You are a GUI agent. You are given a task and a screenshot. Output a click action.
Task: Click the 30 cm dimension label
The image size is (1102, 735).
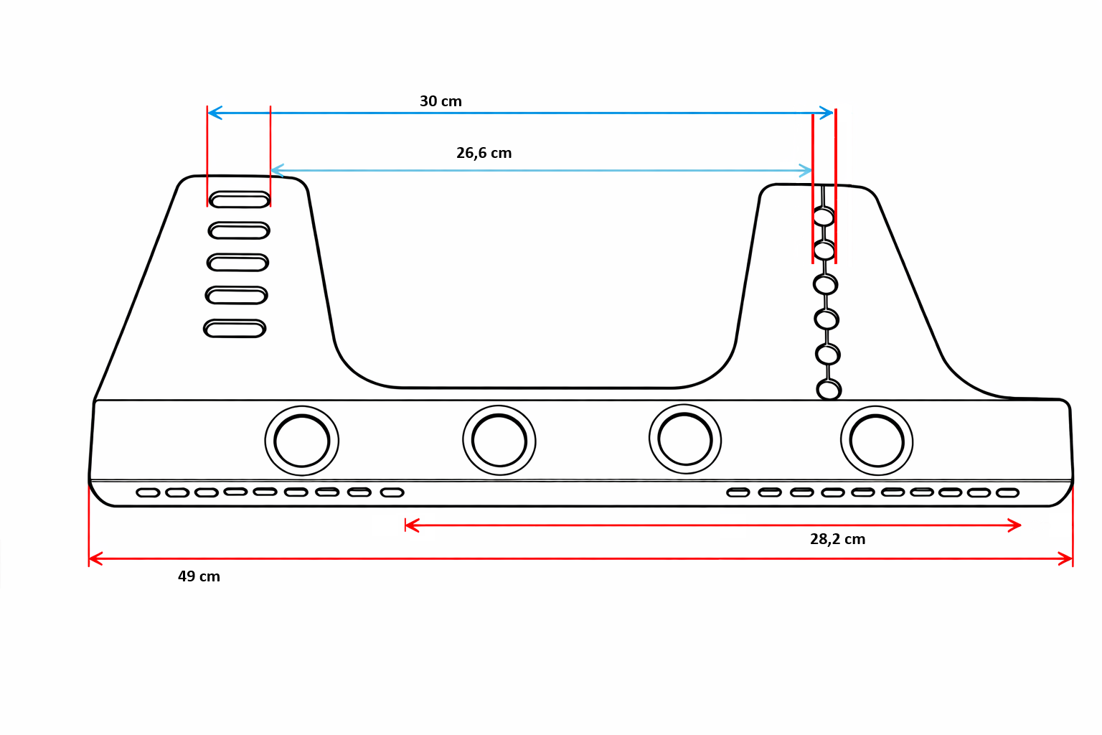(x=441, y=101)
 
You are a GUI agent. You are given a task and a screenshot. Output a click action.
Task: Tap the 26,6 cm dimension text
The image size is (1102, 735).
(x=484, y=153)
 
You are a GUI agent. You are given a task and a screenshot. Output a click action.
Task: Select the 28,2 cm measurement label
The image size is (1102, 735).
(x=837, y=539)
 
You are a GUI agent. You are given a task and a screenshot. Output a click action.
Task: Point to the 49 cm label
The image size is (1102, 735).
(x=199, y=576)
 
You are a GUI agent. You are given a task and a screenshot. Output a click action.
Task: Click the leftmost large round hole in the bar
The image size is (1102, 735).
(x=301, y=441)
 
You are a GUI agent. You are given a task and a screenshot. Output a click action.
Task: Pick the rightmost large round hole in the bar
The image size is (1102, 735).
(x=877, y=441)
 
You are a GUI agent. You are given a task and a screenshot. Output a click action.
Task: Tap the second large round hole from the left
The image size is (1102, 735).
(x=499, y=440)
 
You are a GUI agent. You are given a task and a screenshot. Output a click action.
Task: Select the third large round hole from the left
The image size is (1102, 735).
(x=685, y=439)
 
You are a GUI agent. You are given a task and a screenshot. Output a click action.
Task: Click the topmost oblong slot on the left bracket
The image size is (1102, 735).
(x=240, y=200)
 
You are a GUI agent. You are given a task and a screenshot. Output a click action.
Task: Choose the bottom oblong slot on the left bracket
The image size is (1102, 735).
(x=235, y=329)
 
